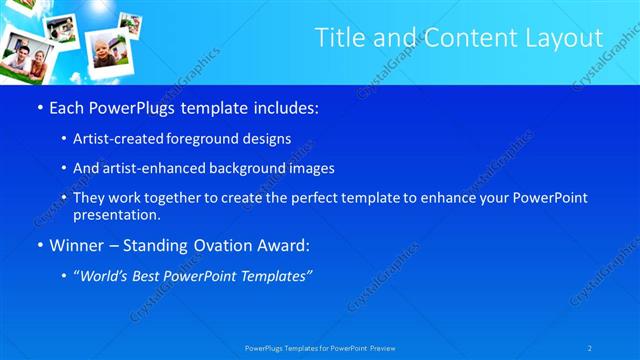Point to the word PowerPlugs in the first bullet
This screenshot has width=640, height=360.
click(127, 107)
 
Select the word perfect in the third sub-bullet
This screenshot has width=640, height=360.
click(312, 198)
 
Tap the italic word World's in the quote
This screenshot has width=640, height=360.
click(107, 275)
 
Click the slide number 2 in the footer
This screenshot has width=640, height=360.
click(590, 347)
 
